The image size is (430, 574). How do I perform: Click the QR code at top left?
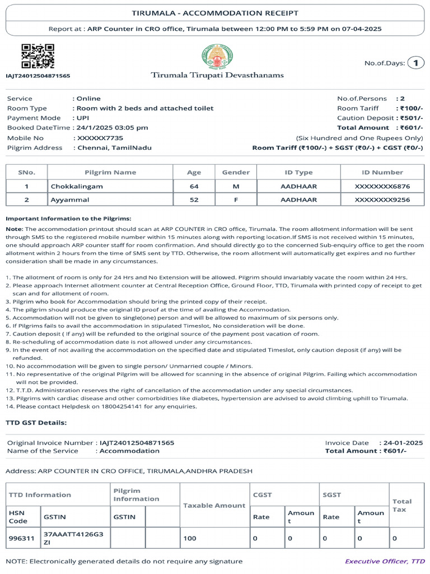(38, 57)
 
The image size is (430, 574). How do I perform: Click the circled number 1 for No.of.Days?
(415, 63)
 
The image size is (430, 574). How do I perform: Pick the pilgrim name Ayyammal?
(70, 200)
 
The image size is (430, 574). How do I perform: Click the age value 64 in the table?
(194, 186)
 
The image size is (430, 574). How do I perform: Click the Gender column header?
(236, 173)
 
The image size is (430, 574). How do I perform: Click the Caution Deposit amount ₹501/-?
(411, 118)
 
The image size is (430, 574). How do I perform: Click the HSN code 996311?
(22, 538)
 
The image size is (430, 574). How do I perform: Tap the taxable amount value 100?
(190, 538)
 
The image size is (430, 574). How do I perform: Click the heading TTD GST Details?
(36, 422)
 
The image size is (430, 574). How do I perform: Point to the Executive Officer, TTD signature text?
(385, 561)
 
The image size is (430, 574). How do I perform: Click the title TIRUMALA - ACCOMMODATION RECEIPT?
(215, 13)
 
